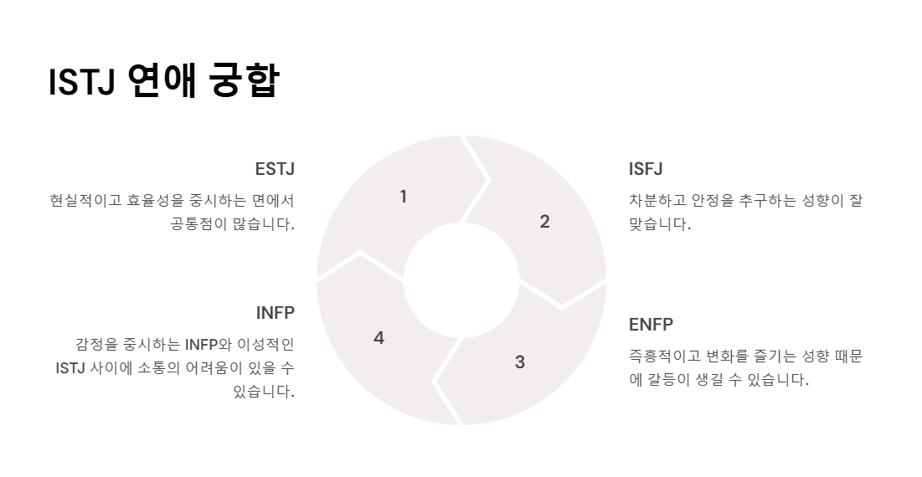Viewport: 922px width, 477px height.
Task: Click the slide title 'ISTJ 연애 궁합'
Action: pyautogui.click(x=163, y=81)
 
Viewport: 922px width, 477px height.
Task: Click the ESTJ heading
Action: pyautogui.click(x=275, y=169)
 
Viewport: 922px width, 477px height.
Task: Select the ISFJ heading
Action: pyautogui.click(x=646, y=169)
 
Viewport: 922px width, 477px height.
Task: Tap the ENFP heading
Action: pyautogui.click(x=651, y=325)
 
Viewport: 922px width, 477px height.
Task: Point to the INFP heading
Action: pyautogui.click(x=276, y=313)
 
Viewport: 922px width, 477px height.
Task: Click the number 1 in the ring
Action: pyautogui.click(x=404, y=197)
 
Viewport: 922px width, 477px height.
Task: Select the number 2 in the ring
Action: pyautogui.click(x=544, y=222)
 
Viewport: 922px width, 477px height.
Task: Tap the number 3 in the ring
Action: pyautogui.click(x=520, y=362)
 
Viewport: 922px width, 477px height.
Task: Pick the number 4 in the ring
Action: pyautogui.click(x=379, y=338)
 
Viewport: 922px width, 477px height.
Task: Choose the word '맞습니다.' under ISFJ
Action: pyautogui.click(x=660, y=224)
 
